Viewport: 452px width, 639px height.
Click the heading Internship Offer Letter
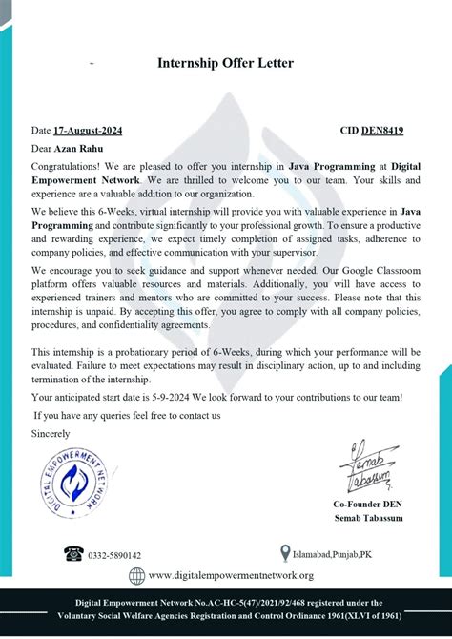pyautogui.click(x=225, y=63)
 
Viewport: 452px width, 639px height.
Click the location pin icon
pyautogui.click(x=284, y=552)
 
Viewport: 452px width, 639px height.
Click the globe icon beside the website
pyautogui.click(x=136, y=575)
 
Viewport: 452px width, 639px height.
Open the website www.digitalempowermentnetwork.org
pyautogui.click(x=231, y=575)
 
